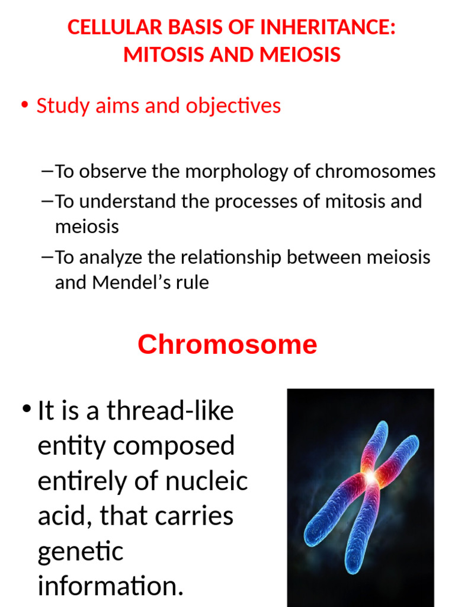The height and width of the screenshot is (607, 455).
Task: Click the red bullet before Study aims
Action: pos(24,106)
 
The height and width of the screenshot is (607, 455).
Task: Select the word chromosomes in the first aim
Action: pos(375,172)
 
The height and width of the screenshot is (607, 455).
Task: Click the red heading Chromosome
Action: pos(227,344)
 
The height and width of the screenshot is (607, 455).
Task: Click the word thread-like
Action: pos(170,411)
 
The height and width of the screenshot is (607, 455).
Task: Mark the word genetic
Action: pos(81,552)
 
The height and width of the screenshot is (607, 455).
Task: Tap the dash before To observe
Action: pos(48,172)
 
